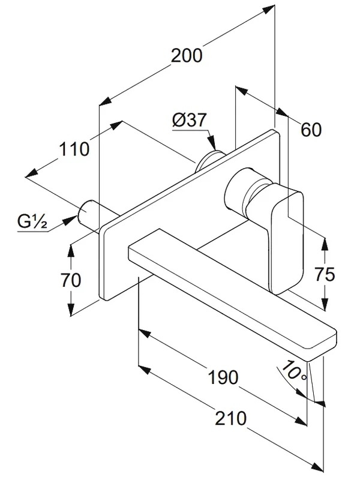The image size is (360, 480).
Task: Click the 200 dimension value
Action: (x=187, y=55)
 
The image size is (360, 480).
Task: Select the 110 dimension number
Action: (x=74, y=149)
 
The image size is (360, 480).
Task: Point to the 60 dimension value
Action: (x=311, y=130)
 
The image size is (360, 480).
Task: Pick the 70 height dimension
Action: (x=71, y=280)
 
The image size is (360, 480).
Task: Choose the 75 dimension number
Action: (x=325, y=274)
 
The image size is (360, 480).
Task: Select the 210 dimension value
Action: (x=230, y=418)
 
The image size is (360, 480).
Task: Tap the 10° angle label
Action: (x=293, y=371)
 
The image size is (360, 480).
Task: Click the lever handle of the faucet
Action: (x=287, y=238)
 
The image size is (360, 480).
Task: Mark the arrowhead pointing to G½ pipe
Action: (x=70, y=220)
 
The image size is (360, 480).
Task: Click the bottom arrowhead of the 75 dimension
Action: (x=325, y=304)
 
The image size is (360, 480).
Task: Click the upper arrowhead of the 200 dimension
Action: (x=268, y=10)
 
